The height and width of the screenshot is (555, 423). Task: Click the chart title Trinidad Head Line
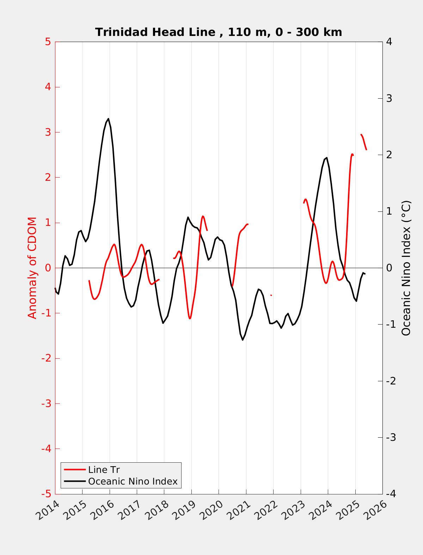click(219, 32)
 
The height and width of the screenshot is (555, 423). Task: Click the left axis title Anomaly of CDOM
click(32, 268)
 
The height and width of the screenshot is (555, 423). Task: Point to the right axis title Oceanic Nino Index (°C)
click(406, 268)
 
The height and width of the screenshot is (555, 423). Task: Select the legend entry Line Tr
click(104, 470)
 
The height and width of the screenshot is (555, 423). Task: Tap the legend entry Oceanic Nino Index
click(133, 481)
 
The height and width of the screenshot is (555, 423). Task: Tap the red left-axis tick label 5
click(48, 42)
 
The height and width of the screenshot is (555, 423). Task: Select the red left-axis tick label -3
click(46, 403)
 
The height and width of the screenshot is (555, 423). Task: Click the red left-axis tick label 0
click(48, 268)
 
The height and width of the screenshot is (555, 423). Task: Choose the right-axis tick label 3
click(389, 98)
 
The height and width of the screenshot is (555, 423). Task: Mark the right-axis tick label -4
click(391, 494)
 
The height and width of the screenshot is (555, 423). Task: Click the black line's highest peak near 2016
click(108, 119)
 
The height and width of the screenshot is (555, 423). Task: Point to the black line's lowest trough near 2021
click(243, 340)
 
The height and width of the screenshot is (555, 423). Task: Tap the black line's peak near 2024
click(327, 158)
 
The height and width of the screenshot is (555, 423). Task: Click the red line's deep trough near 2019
click(190, 318)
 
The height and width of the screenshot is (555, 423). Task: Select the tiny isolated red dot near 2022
click(271, 295)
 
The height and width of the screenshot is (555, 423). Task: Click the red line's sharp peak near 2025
click(352, 154)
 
